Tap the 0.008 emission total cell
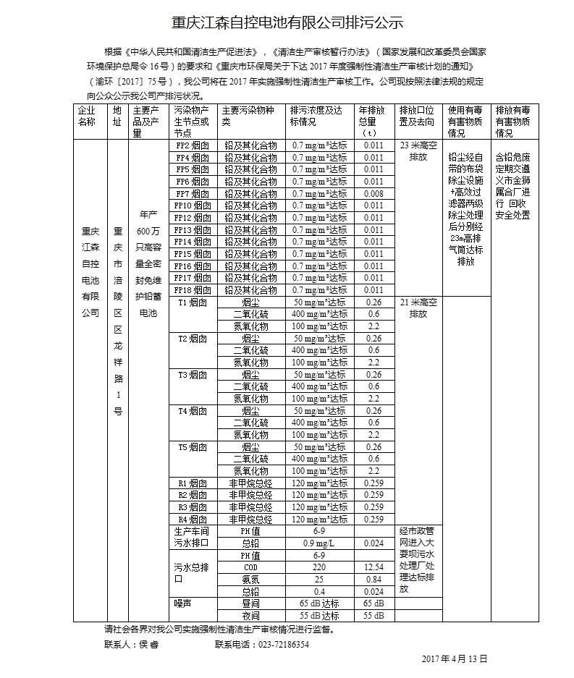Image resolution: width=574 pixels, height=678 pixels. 373,194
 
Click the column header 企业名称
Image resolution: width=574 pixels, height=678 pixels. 87,116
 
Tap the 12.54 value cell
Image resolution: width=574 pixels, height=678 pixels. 373,568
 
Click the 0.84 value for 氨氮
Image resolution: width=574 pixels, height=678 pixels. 373,580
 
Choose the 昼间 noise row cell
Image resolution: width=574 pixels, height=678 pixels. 250,603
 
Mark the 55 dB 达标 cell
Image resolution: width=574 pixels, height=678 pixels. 318,616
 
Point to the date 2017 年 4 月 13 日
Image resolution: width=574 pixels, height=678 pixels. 455,659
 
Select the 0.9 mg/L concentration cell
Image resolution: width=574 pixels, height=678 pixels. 318,543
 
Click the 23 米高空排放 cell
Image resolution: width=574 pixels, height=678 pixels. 418,151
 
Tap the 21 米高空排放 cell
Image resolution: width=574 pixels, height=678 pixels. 418,308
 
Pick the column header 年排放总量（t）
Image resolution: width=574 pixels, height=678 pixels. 373,122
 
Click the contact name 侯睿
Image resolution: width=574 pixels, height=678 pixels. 143,644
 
